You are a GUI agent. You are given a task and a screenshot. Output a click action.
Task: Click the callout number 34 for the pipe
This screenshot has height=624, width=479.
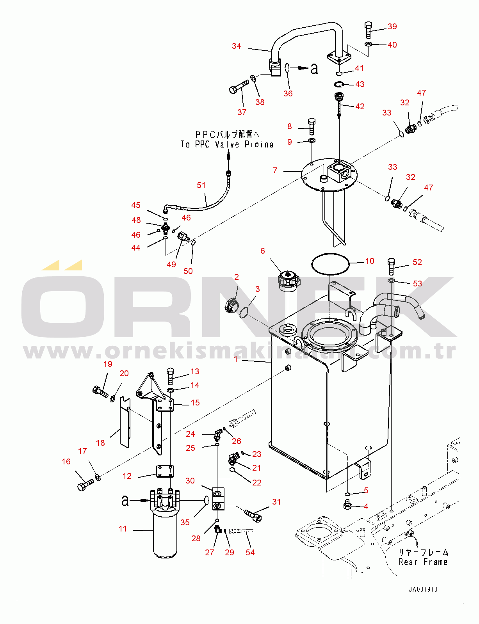[236, 46]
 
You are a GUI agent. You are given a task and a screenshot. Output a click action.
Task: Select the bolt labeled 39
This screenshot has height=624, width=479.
[368, 30]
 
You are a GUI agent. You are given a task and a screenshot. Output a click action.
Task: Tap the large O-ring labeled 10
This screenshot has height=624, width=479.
[330, 264]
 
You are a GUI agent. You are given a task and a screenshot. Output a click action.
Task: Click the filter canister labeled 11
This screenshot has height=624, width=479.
[165, 533]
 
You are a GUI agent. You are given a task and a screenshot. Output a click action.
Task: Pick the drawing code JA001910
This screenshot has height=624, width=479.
[423, 589]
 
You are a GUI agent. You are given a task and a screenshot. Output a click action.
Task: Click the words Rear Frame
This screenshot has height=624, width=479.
[423, 562]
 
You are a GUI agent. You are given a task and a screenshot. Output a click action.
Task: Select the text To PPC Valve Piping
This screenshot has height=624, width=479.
[227, 144]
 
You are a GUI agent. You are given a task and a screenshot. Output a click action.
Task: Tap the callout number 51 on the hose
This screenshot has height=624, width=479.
[201, 185]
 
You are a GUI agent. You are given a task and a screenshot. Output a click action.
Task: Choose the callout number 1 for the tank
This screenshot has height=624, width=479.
[236, 359]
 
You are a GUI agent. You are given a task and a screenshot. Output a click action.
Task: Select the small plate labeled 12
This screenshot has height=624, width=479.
[165, 471]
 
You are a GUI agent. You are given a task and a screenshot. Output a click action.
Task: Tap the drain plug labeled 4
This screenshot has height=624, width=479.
[347, 505]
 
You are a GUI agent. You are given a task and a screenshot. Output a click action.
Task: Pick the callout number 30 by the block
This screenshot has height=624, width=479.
[190, 481]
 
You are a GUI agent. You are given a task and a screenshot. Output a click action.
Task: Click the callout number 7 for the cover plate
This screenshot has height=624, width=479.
[275, 171]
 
